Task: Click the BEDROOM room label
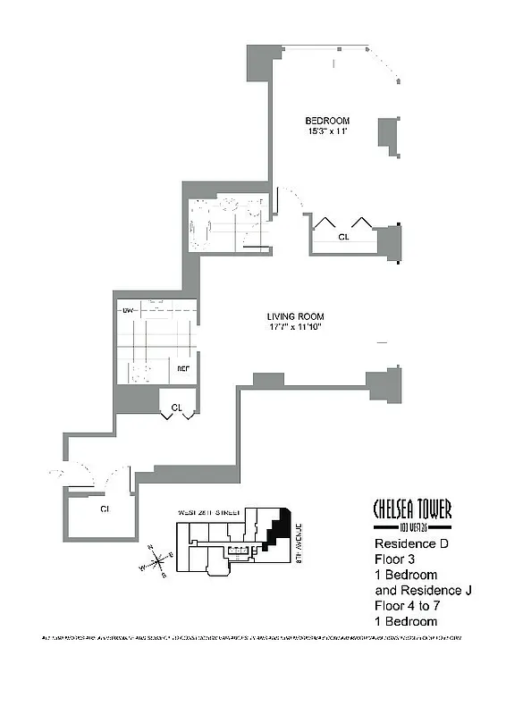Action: click(x=326, y=121)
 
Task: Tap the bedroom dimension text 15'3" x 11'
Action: click(x=326, y=132)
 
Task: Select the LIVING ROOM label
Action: click(x=295, y=316)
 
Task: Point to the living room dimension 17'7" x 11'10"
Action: click(x=294, y=328)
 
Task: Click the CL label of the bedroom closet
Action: click(x=343, y=238)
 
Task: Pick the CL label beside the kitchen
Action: click(x=176, y=408)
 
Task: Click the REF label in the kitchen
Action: click(x=182, y=368)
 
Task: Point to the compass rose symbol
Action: click(x=155, y=560)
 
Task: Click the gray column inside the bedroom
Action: click(x=387, y=132)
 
